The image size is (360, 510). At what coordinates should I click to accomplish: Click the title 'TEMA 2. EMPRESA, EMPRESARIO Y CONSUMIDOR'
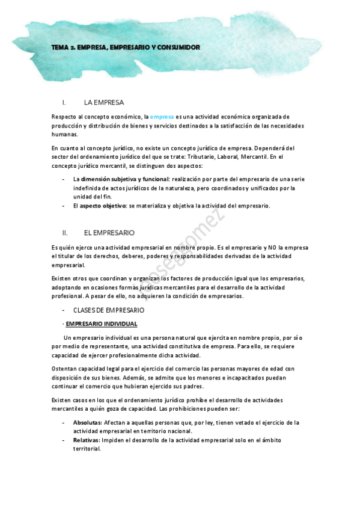125,47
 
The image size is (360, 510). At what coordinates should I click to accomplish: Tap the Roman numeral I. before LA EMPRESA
64,102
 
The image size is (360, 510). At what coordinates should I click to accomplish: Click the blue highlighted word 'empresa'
162,116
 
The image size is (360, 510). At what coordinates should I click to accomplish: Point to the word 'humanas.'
65,135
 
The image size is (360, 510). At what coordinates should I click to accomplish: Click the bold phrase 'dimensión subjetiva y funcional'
124,179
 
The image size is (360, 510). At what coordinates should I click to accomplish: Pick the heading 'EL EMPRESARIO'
109,232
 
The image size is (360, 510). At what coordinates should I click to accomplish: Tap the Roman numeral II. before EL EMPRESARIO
65,232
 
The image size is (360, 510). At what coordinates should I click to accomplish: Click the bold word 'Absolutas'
87,422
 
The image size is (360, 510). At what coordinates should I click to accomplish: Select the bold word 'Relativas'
86,440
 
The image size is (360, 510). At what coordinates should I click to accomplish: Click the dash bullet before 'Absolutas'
64,422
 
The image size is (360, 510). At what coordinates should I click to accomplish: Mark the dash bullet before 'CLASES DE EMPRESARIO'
64,310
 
